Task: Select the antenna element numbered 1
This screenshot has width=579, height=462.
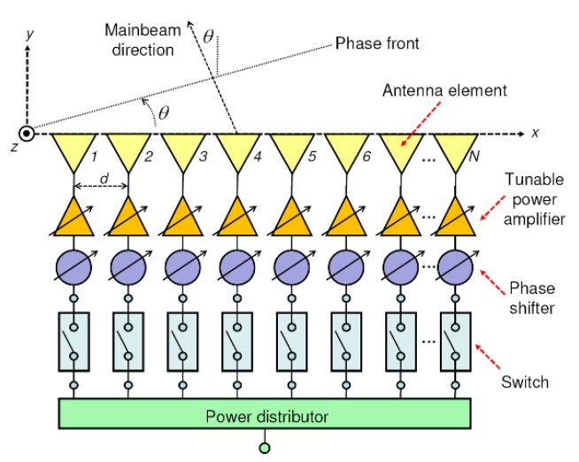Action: [74, 151]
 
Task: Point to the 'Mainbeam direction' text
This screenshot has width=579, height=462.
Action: [140, 40]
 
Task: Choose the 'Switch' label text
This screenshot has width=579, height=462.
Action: [524, 382]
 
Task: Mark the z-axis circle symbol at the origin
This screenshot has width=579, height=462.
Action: [28, 134]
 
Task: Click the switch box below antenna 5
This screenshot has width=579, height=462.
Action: [291, 341]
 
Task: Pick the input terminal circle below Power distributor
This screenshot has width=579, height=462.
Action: [264, 448]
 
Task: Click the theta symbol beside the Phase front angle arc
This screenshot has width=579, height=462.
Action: [164, 112]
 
